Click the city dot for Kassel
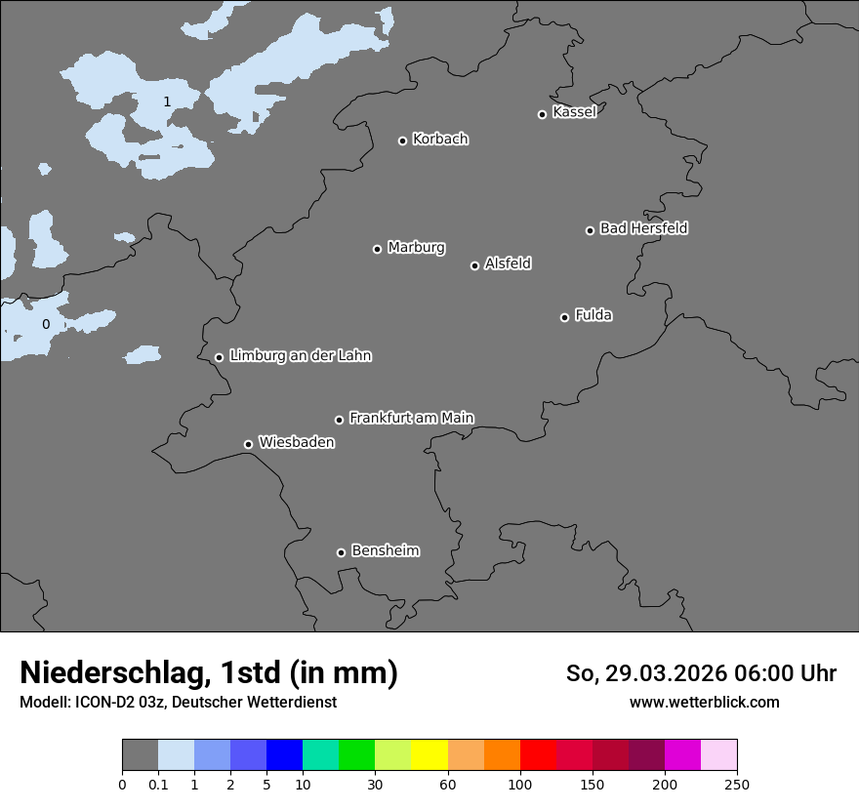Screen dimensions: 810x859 click(542, 114)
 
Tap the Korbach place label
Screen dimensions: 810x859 click(440, 139)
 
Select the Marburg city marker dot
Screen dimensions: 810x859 click(377, 249)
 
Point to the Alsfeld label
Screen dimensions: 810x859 click(508, 263)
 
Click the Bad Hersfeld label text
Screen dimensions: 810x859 click(643, 228)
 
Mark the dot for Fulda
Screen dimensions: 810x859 click(564, 317)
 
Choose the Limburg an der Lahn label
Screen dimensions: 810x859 click(301, 355)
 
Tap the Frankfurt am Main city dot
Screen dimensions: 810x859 click(340, 420)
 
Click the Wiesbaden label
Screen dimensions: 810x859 click(297, 442)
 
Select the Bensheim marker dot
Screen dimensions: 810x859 click(341, 552)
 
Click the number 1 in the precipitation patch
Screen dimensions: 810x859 click(167, 101)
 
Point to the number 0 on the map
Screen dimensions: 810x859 click(45, 324)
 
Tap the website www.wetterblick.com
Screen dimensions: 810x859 click(705, 702)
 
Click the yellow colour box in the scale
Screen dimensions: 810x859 click(429, 755)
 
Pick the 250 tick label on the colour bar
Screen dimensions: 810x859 click(737, 784)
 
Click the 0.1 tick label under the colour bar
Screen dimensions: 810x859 click(158, 784)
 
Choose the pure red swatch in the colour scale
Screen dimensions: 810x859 click(538, 755)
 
